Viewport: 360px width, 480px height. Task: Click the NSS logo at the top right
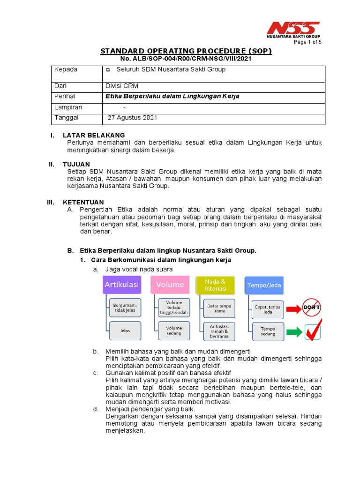(x=294, y=29)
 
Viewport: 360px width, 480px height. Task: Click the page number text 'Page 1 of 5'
(x=307, y=42)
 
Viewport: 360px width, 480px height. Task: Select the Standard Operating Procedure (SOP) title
(x=186, y=51)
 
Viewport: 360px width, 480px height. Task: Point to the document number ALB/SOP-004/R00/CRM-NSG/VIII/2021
(x=186, y=59)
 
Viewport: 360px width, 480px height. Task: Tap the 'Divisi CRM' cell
(x=122, y=86)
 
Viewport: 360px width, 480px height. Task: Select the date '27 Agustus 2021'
(x=132, y=118)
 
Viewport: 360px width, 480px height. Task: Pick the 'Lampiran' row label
(x=68, y=107)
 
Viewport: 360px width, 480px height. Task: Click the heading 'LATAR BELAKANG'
(x=94, y=135)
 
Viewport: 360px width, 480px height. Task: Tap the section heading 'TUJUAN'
(x=76, y=165)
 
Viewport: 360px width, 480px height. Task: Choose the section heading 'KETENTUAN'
(x=83, y=202)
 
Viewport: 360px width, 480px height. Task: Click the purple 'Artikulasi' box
(x=122, y=285)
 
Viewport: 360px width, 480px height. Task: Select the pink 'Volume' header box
(x=170, y=285)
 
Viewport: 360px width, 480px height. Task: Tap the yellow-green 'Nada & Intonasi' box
(x=216, y=285)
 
